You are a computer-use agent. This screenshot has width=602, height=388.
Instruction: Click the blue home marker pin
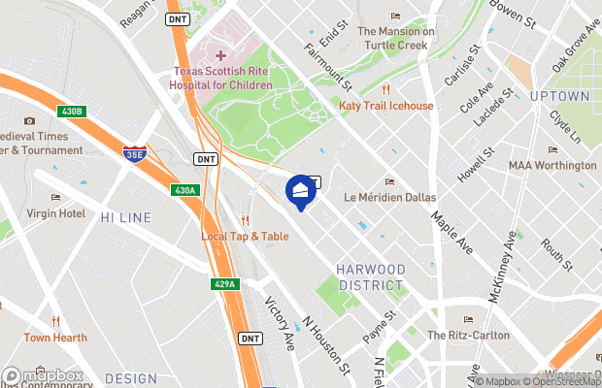click(301, 190)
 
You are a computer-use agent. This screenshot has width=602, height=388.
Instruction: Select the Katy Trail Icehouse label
click(385, 105)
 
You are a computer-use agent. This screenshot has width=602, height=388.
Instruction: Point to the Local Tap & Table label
click(245, 236)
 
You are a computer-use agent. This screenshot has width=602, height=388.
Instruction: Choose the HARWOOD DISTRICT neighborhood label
click(369, 276)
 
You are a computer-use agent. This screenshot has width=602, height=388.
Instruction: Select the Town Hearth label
click(56, 338)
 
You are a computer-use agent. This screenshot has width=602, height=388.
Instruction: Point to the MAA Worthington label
click(552, 165)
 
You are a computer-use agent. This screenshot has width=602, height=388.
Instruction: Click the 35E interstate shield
click(134, 153)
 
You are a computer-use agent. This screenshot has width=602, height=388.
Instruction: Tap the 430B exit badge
click(72, 113)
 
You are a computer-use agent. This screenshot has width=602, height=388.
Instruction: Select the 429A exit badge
click(224, 284)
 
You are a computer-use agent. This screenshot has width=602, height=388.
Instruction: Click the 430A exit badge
click(184, 190)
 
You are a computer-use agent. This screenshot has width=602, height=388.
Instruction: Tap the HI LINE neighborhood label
click(125, 217)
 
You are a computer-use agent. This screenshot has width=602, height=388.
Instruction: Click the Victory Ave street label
click(281, 322)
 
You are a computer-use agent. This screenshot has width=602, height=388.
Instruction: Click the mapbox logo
click(43, 375)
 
